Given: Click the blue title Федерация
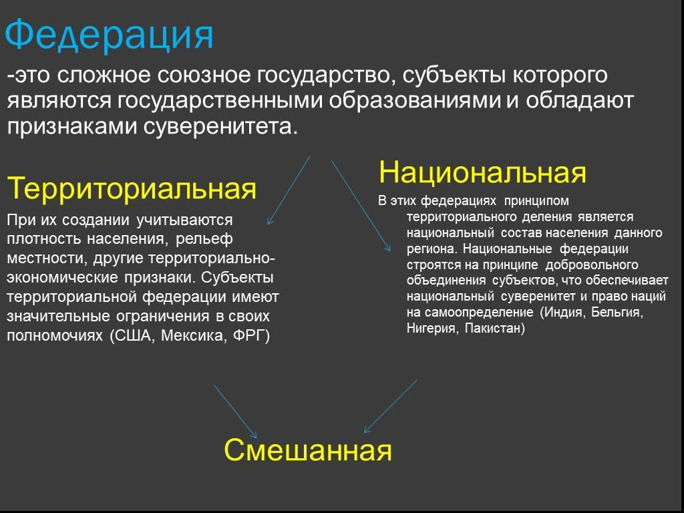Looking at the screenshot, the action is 109,35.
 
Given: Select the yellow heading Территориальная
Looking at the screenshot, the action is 132,188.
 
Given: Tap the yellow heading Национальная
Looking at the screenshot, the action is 482,172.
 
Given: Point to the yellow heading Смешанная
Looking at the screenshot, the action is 308,450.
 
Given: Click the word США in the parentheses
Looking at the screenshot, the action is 134,335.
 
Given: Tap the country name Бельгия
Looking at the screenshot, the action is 617,313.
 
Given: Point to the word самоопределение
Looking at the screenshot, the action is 478,313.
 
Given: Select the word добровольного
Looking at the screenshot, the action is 592,265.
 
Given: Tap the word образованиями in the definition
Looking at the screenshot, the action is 414,100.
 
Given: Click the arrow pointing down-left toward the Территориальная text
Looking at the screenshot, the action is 289,190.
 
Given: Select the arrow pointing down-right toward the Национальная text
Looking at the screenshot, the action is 361,206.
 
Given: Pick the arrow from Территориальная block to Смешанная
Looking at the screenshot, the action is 235,411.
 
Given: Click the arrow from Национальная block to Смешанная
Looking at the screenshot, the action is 390,407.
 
